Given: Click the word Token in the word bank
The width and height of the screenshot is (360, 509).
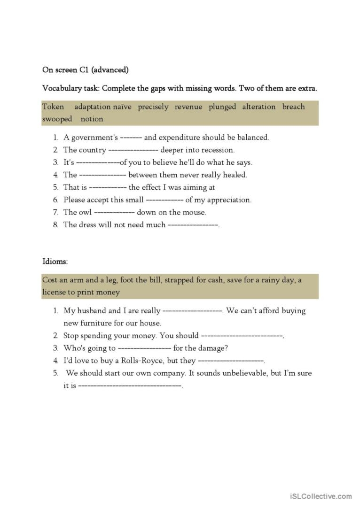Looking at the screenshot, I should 53,107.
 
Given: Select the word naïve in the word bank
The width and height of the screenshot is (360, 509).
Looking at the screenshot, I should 122,107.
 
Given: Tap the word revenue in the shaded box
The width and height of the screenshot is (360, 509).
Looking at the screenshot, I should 188,107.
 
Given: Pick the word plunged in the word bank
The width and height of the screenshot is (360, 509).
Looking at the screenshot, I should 222,107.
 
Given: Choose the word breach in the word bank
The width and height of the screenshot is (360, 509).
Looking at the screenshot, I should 293,107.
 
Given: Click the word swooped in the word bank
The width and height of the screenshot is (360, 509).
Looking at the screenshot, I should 57,119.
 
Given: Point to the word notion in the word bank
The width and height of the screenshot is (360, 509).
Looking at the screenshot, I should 92,119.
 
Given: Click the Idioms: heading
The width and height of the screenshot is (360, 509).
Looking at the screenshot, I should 55,261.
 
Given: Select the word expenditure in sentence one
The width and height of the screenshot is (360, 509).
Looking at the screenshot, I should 179,138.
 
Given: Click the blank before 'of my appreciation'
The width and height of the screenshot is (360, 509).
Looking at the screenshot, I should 164,200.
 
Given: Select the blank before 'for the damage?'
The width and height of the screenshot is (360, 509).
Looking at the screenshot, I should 144,348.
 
